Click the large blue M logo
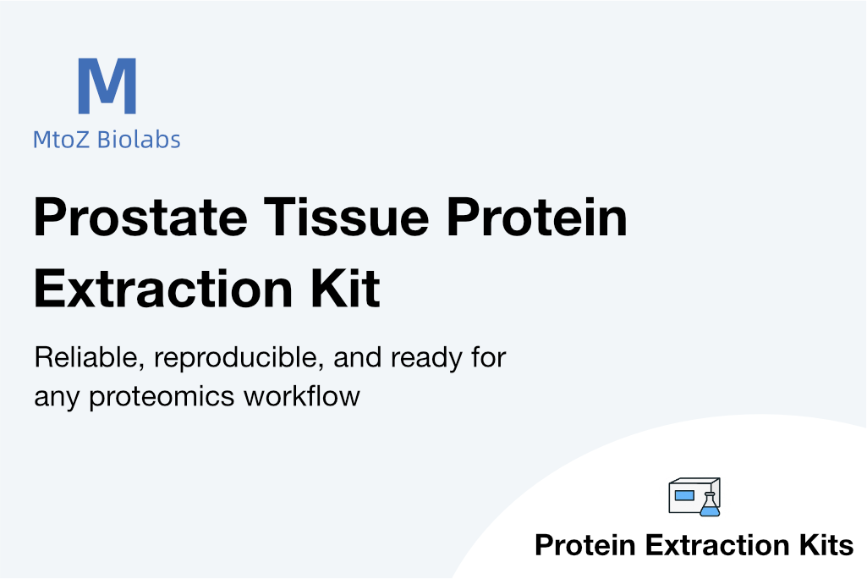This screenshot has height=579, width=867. coord(107,85)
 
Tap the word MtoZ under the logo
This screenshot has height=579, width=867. coord(61,140)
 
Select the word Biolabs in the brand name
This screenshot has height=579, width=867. coord(139,139)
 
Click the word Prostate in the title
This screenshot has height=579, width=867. coord(140,217)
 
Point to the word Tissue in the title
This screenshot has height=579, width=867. coord(347,217)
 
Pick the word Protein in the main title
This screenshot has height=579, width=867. coord(537,217)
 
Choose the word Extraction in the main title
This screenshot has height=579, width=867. coord(163,289)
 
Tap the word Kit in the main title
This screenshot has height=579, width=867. coord(346,288)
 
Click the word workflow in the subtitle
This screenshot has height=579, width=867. coord(302,396)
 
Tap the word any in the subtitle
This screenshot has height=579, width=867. coord(57,399)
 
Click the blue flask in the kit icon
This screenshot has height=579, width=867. coord(710,505)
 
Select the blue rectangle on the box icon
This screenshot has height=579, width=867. coord(684,495)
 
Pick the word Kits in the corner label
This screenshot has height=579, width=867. coord(826,545)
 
